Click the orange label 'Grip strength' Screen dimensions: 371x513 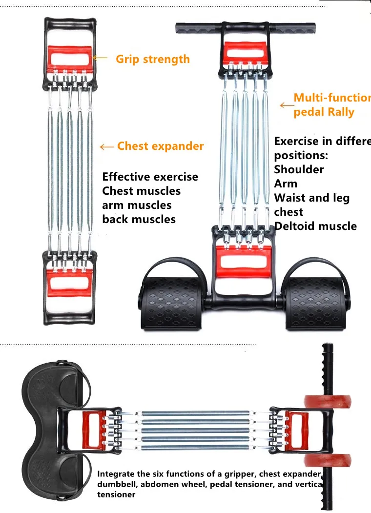pyautogui.click(x=152, y=59)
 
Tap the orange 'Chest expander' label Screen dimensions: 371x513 pyautogui.click(x=160, y=146)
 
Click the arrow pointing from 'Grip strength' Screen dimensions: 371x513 pyautogui.click(x=100, y=58)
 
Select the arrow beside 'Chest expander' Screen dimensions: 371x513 pyautogui.click(x=107, y=146)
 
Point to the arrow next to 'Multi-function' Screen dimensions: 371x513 pyautogui.click(x=287, y=104)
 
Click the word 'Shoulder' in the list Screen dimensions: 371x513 pyautogui.click(x=299, y=169)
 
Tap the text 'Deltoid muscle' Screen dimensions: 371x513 pyautogui.click(x=315, y=226)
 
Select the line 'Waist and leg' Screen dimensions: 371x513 pyautogui.click(x=311, y=198)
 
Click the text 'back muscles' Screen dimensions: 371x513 pyautogui.click(x=139, y=219)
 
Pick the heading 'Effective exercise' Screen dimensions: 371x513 pyautogui.click(x=150, y=177)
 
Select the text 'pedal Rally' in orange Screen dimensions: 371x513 pyautogui.click(x=324, y=112)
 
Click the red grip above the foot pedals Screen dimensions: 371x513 pyautogui.click(x=243, y=260)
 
